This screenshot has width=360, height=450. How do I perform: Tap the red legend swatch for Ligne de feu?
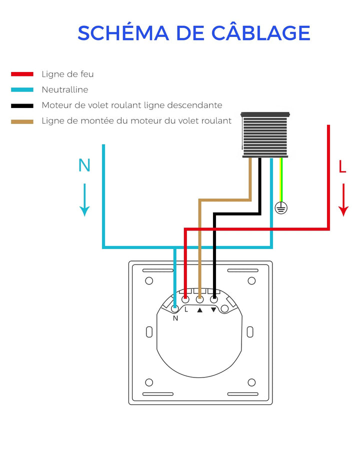(22, 74)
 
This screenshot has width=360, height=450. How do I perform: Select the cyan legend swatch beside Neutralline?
(22, 89)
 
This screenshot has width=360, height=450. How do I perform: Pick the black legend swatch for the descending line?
(22, 105)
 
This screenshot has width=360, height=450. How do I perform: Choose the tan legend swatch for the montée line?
(22, 121)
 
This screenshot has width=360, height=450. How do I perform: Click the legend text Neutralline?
(65, 89)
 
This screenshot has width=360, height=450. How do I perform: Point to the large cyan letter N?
(84, 165)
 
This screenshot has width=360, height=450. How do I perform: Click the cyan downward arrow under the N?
(84, 199)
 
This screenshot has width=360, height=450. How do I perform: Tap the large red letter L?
(342, 166)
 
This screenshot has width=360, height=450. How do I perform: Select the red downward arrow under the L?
(343, 199)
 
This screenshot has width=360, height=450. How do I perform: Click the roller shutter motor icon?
(265, 135)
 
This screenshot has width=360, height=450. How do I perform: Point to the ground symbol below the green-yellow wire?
(281, 208)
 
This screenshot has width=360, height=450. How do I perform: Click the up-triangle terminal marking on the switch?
(200, 310)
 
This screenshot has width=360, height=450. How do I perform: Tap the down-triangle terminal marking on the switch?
(213, 309)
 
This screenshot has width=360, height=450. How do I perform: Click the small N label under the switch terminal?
(175, 318)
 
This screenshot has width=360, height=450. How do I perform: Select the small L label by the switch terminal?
(186, 309)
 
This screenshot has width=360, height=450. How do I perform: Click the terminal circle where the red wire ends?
(185, 299)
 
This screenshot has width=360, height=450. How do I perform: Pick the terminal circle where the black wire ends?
(214, 299)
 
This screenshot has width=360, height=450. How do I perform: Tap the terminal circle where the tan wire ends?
(200, 299)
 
